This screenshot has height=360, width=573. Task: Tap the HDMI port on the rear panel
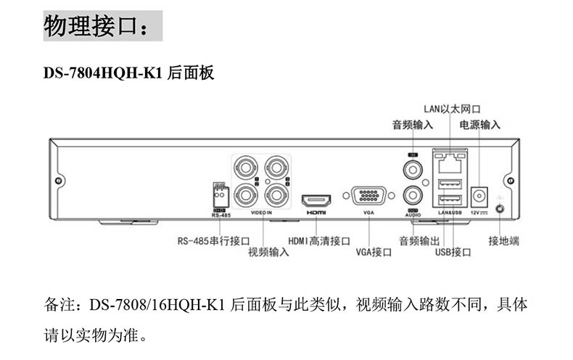point(316,198)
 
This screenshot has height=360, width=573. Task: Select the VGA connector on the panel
point(368,196)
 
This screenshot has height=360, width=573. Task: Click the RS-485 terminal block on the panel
point(220,195)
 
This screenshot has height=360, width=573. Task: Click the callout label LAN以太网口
point(452,109)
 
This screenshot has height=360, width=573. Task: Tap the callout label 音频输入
point(412,124)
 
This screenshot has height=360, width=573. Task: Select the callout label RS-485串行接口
point(214,240)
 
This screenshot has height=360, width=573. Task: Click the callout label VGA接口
point(374,252)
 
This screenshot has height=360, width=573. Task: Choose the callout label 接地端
point(503,240)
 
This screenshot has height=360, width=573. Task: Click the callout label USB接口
point(453,252)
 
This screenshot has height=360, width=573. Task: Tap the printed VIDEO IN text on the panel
point(260,213)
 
